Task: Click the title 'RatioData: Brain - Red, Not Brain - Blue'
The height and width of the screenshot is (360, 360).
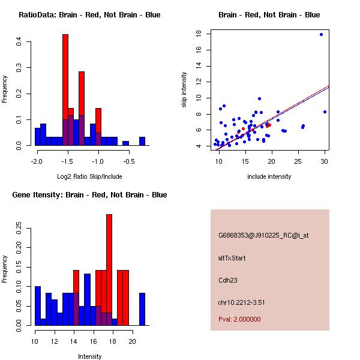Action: click(89, 14)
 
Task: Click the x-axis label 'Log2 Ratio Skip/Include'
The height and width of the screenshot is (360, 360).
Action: click(89, 176)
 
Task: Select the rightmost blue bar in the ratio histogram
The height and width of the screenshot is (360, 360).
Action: click(142, 142)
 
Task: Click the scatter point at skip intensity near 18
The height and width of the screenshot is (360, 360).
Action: click(321, 34)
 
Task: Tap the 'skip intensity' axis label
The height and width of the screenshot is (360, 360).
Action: click(185, 89)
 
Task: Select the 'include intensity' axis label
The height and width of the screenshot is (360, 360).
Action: click(269, 176)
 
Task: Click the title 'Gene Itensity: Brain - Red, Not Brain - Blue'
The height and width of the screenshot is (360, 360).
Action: click(89, 194)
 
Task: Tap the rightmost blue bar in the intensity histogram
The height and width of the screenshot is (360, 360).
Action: click(142, 309)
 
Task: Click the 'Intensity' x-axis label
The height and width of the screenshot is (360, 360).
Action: click(89, 356)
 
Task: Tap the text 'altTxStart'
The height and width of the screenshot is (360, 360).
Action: click(232, 258)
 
